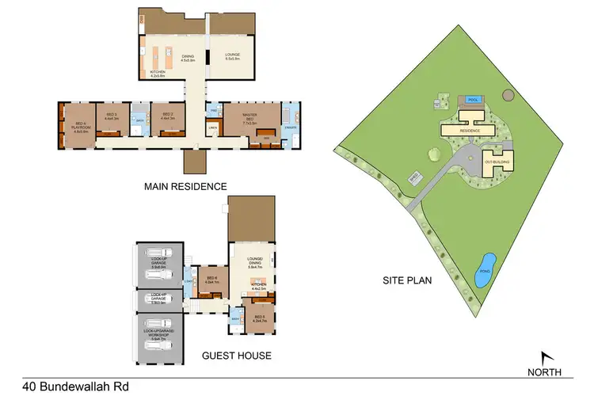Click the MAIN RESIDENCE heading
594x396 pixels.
pos(185,187)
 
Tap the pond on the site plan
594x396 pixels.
pos(485,270)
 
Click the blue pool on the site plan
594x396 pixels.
pos(474,101)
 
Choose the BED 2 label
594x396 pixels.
pos(168,116)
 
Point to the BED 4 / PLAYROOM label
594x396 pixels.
pos(79,127)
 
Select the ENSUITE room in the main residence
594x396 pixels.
pos(291,125)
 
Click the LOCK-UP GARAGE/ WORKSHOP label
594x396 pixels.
pos(159,336)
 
